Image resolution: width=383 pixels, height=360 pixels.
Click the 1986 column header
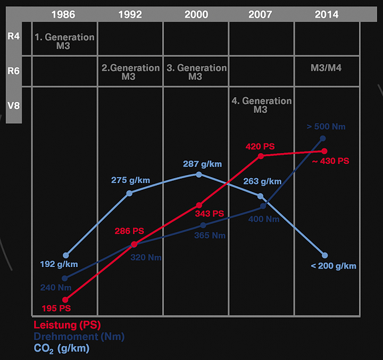64,14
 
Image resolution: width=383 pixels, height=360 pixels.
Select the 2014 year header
326,14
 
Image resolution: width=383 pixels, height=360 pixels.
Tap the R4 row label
14,37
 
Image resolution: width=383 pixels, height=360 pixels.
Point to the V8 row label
14,104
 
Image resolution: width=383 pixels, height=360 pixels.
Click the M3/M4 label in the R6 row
326,68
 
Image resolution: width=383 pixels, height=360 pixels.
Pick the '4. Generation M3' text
262,105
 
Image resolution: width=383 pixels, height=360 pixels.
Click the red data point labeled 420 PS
261,156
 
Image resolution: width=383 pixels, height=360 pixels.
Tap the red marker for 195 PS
65,299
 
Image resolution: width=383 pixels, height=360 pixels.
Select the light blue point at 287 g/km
199,174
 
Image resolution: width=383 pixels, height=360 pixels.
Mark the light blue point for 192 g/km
65,255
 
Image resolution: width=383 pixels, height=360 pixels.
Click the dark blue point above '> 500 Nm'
323,138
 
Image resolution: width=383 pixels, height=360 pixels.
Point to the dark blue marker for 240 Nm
65,278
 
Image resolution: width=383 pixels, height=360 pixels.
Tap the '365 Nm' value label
211,236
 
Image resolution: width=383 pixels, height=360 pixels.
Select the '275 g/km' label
130,180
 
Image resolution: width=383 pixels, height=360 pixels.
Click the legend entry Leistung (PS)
67,324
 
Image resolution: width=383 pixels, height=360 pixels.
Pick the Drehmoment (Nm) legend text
79,337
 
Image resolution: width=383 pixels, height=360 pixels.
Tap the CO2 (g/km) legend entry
62,349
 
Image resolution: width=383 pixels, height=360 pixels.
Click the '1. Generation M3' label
64,41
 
